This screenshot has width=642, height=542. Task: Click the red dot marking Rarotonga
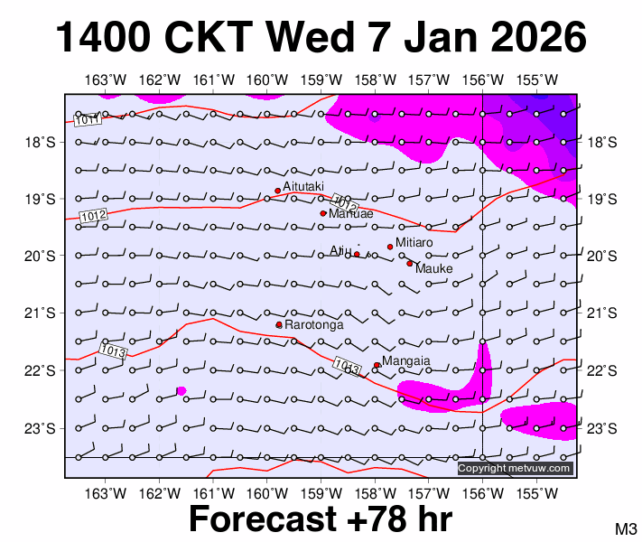279,324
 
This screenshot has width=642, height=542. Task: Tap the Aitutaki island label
303,186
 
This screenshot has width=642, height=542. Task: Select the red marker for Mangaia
377,365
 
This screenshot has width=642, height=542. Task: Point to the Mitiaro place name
414,243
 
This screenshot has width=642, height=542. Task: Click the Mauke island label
434,268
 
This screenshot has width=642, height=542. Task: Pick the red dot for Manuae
323,213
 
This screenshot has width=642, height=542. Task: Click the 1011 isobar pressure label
88,119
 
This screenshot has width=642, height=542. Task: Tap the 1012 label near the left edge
94,216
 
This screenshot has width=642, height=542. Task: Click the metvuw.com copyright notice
515,468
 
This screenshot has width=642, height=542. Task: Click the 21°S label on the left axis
40,313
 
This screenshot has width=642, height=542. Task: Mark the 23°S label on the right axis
602,427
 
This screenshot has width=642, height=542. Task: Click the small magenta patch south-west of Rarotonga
181,390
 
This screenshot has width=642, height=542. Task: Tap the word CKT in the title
215,38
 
